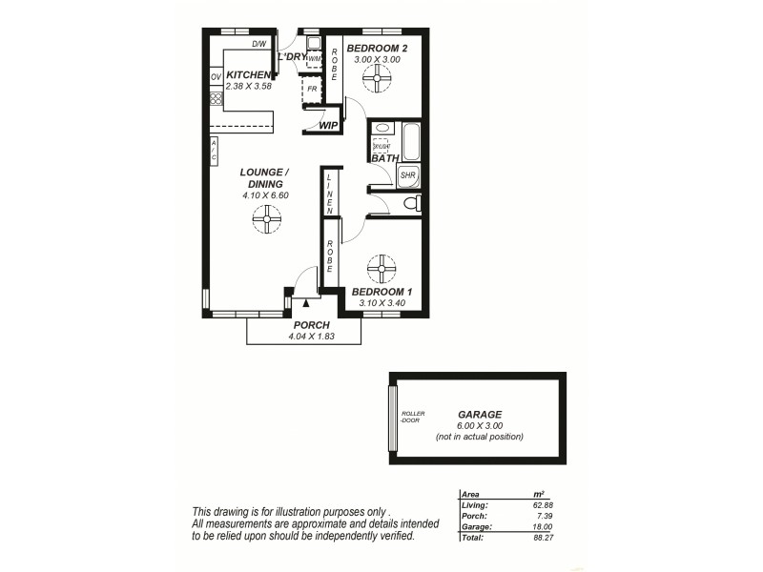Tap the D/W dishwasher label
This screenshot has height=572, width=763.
258,44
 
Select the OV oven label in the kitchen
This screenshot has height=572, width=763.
216,76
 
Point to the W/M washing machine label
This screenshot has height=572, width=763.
314,58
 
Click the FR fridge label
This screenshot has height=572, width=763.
312,88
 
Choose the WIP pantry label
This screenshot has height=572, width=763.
328,125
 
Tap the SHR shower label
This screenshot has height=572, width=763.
407,175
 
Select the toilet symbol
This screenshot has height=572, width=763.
410,203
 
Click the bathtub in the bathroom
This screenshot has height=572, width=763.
411,142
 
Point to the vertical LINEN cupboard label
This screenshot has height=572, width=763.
329,192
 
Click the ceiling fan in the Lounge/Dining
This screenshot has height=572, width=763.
266,221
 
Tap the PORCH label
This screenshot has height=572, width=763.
311,325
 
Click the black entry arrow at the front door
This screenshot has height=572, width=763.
305,303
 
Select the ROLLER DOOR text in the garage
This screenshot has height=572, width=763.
413,416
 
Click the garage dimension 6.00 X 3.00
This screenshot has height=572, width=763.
480,425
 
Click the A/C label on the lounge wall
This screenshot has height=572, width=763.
215,150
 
